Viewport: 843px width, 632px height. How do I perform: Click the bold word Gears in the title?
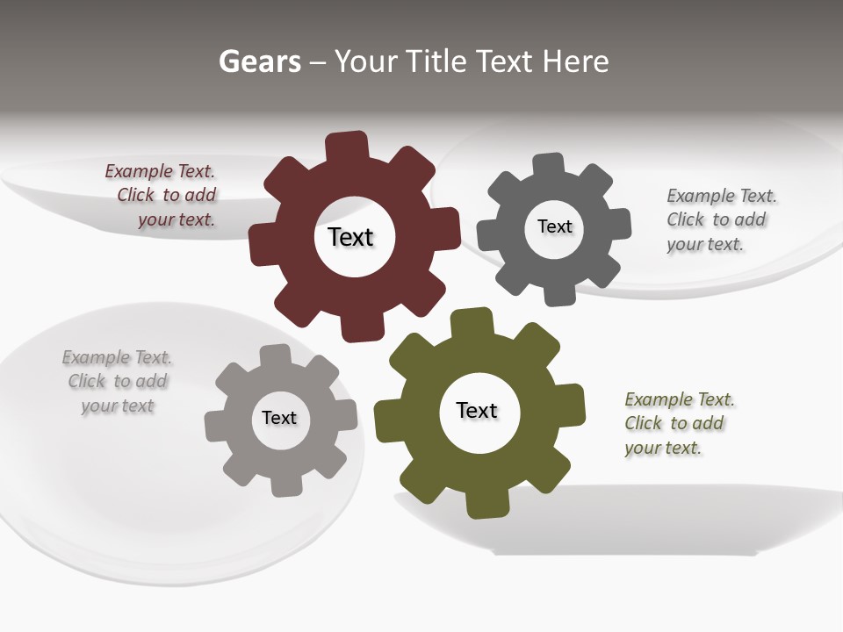point(259,61)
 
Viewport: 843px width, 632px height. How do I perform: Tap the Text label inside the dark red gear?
point(350,237)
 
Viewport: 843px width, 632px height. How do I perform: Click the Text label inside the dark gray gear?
point(554,226)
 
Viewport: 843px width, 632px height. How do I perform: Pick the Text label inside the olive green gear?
point(477,410)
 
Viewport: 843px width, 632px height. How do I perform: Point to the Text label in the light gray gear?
point(279,418)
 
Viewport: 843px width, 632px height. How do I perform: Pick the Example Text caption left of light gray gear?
point(117,381)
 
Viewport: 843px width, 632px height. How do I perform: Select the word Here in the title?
point(575,61)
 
